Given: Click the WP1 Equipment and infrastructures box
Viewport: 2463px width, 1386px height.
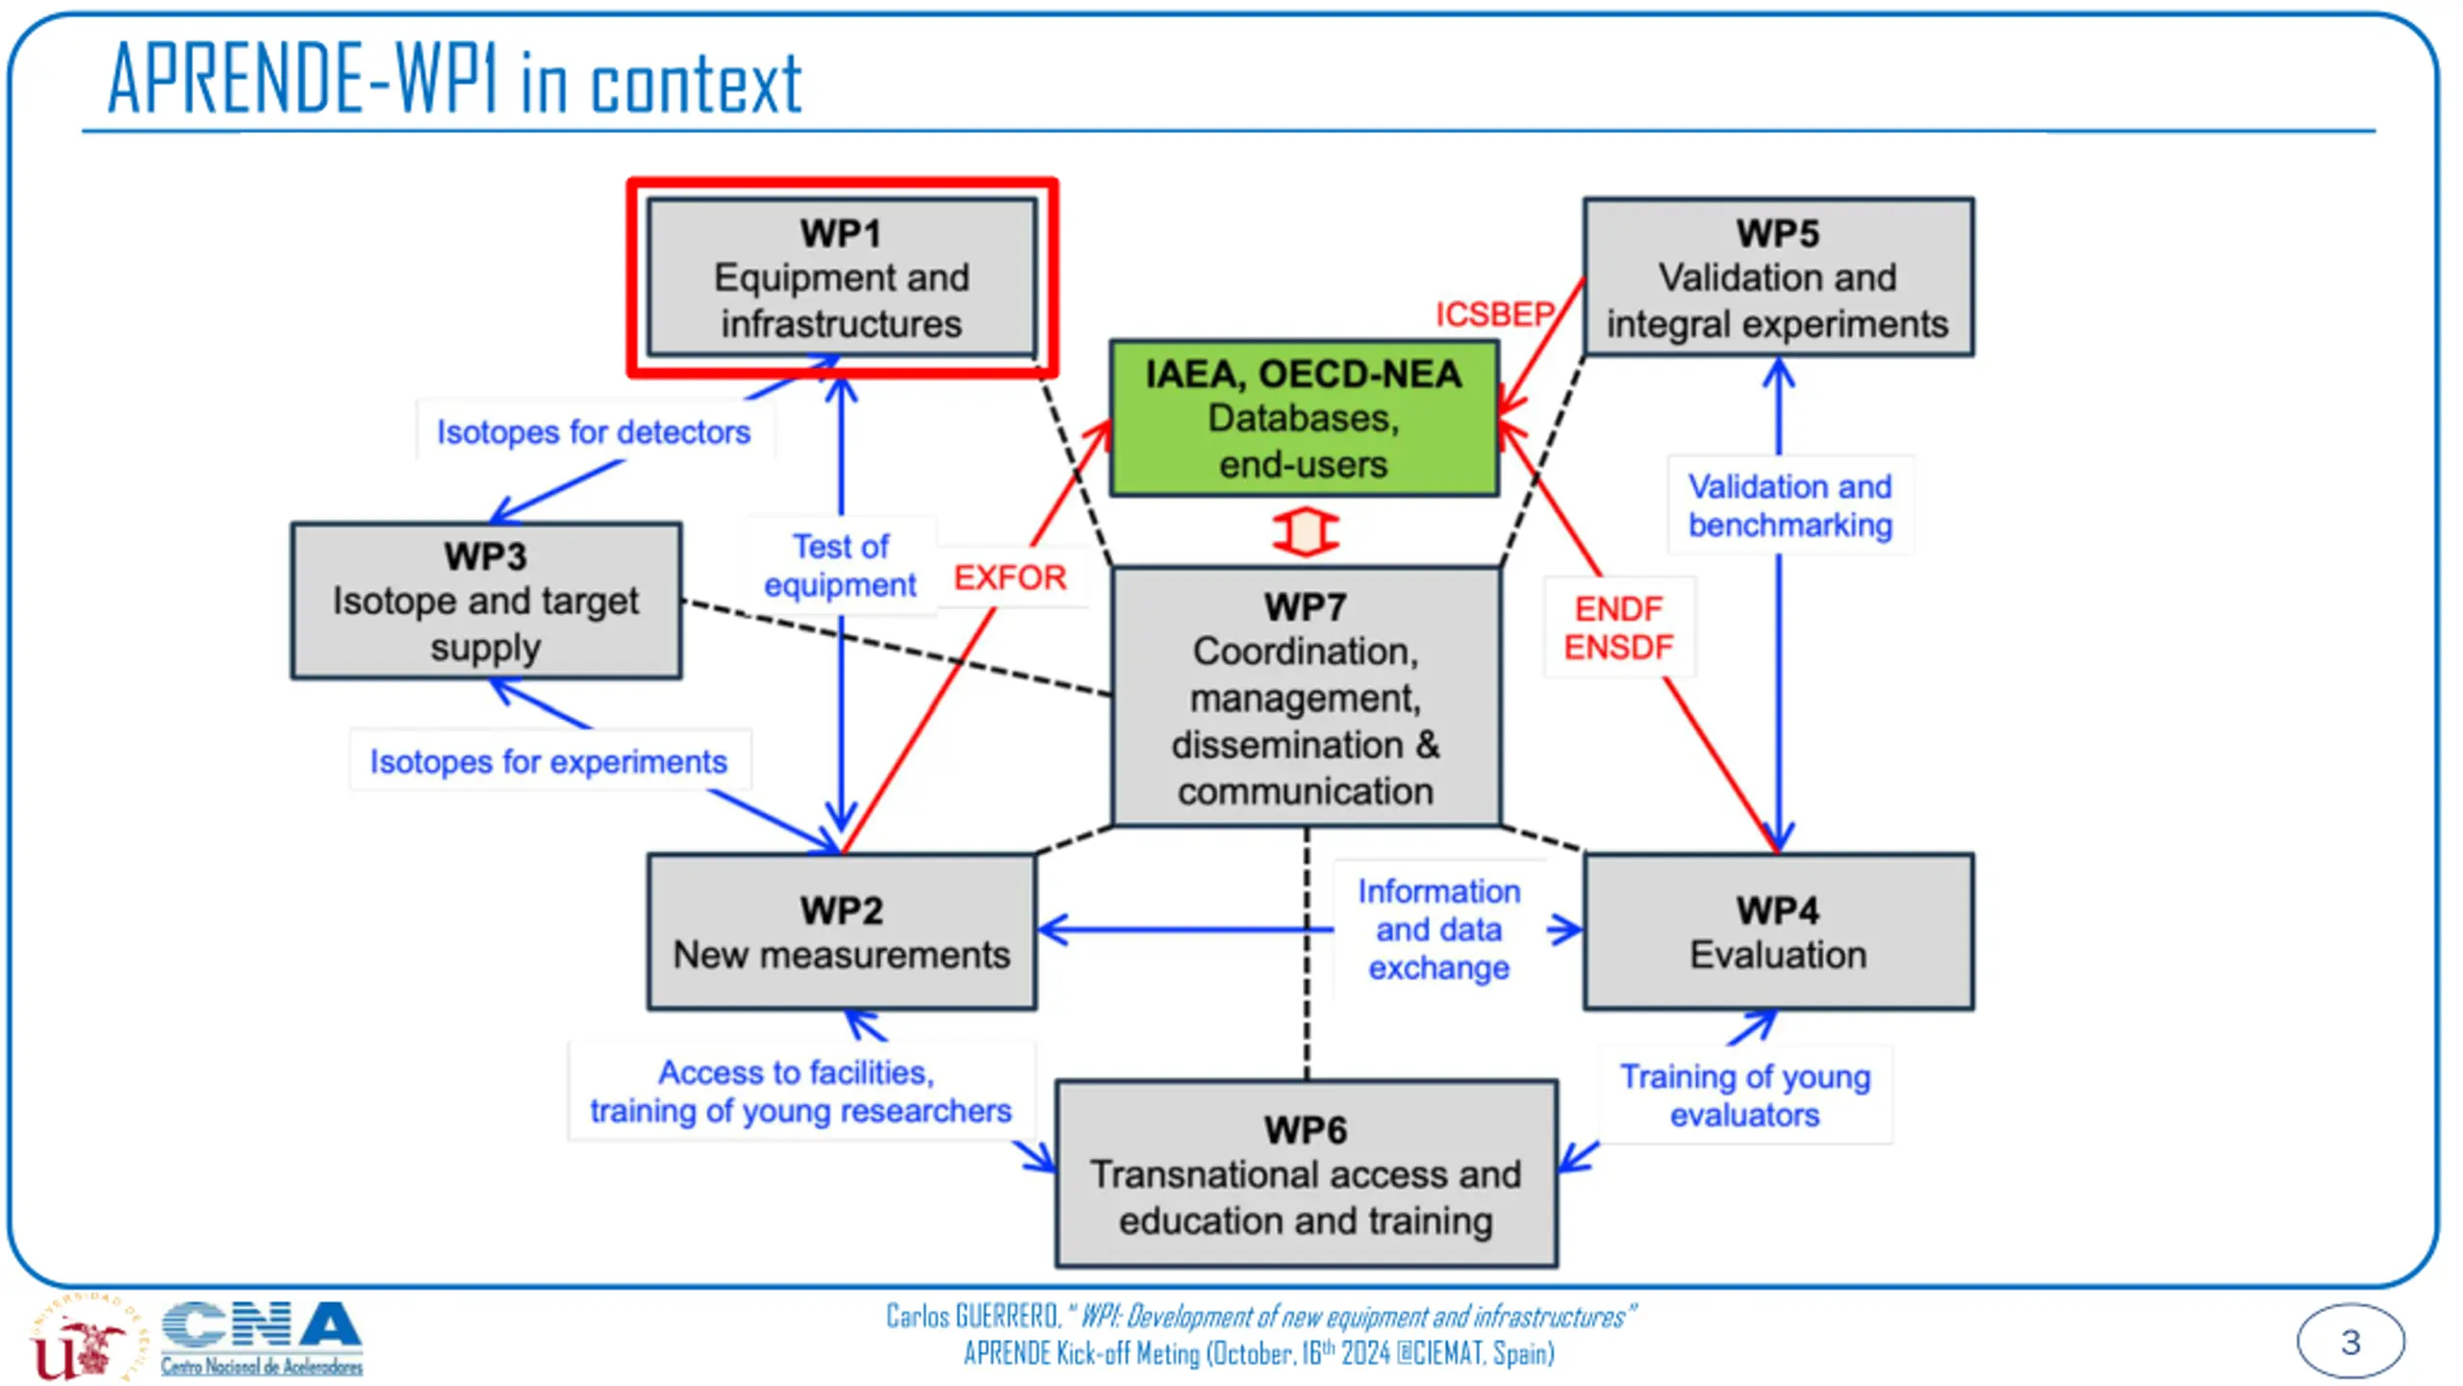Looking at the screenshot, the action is click(x=842, y=277).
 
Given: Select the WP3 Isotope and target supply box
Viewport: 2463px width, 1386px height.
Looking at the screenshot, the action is click(x=487, y=601).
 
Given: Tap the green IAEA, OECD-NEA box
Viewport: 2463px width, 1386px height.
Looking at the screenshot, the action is click(x=1304, y=419).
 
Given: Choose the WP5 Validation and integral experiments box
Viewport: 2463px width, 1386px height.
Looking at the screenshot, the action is click(x=1778, y=277).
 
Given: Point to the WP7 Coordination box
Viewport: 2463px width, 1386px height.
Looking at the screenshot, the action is click(x=1306, y=696).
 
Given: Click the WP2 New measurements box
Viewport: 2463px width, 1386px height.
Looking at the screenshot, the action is click(x=842, y=931).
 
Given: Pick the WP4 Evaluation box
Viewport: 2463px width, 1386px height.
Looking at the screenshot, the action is click(x=1778, y=931).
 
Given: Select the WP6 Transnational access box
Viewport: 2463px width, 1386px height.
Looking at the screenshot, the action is click(x=1306, y=1173).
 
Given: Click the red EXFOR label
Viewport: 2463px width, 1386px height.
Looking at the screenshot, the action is click(x=1009, y=577).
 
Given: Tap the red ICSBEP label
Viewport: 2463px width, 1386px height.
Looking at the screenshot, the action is click(x=1494, y=314).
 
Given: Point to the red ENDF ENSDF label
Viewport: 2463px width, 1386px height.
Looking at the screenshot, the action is click(x=1618, y=628).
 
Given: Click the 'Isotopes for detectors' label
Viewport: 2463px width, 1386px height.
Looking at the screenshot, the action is click(x=594, y=432).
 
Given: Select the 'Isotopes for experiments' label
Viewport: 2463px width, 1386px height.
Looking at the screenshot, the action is click(x=548, y=761).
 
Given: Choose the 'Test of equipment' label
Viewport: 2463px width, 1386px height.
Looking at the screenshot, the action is click(x=840, y=565).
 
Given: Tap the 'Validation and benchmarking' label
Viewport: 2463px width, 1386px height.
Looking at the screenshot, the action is click(x=1790, y=505).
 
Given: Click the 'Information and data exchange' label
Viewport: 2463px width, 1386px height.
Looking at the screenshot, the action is click(x=1438, y=929).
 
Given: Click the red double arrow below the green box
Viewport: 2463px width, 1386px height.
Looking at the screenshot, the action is click(x=1305, y=531).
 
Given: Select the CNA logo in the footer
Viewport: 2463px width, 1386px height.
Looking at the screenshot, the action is click(x=262, y=1338).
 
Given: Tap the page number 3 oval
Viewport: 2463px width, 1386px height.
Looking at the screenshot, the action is click(x=2349, y=1341).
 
